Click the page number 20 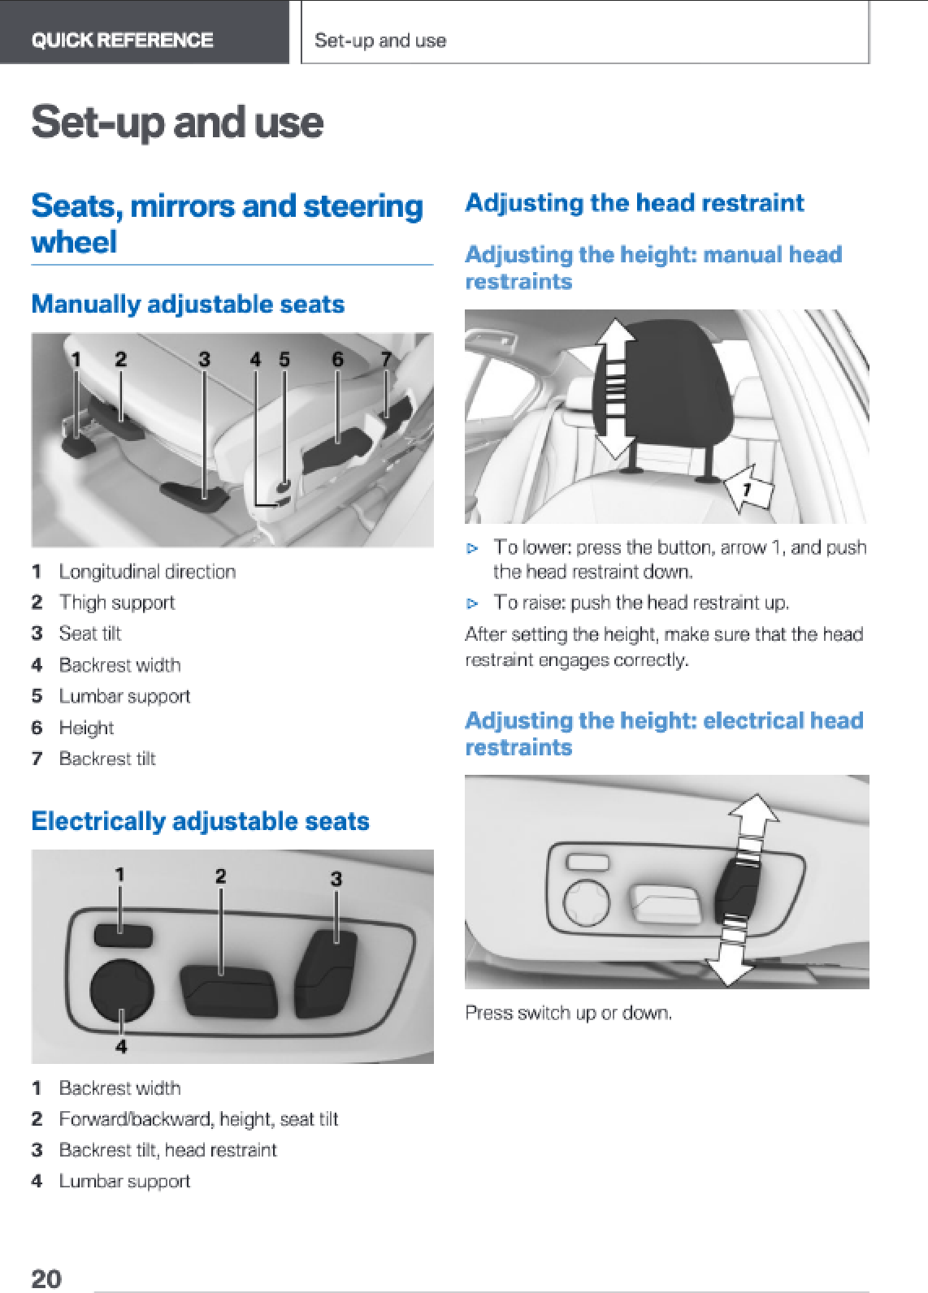click(46, 1278)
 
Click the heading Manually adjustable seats click(188, 305)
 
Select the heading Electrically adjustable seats click(201, 821)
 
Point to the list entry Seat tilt click(90, 634)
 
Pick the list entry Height click(87, 728)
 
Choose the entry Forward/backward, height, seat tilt click(198, 1119)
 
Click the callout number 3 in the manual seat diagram click(204, 360)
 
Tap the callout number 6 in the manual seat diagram click(338, 360)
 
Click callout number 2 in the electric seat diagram click(220, 876)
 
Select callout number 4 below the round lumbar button click(121, 1046)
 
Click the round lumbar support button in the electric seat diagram click(122, 990)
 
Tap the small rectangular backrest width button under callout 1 click(123, 935)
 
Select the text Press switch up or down click(568, 1013)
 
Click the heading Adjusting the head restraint click(635, 203)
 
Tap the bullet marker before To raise click(472, 603)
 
